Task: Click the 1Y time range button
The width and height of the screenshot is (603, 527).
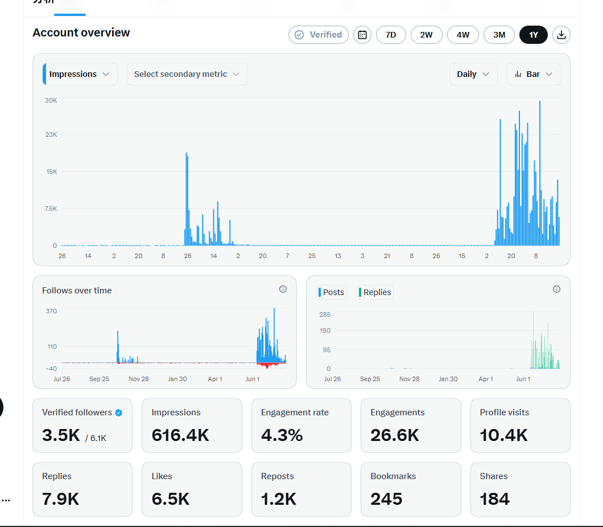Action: tap(533, 35)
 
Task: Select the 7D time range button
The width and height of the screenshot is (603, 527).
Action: tap(391, 35)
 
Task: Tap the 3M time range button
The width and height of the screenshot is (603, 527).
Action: tap(499, 35)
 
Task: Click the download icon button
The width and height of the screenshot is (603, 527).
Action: tap(561, 35)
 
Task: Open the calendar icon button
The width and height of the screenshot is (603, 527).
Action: tap(362, 35)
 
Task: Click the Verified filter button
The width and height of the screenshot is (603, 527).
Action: tap(319, 35)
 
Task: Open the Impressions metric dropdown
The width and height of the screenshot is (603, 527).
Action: tap(80, 74)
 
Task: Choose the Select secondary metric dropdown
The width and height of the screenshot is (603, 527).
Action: tap(187, 74)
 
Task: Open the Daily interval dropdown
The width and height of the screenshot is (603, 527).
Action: tap(473, 74)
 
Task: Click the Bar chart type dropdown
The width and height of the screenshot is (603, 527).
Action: tap(534, 74)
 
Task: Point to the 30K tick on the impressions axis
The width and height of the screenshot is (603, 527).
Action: tap(51, 100)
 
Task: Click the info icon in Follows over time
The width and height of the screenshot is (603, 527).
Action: tap(283, 289)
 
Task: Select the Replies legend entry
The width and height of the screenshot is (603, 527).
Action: tap(374, 292)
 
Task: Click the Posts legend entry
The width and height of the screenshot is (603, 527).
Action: tap(331, 292)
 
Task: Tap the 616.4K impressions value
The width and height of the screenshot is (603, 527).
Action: tap(180, 435)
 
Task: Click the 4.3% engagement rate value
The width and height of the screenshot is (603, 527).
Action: tap(282, 435)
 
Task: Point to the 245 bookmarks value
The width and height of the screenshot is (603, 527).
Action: tap(386, 499)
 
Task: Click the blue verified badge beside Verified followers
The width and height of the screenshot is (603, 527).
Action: tap(119, 412)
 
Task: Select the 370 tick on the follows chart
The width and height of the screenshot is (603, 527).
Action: tap(51, 311)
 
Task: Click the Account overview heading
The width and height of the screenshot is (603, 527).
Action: tap(81, 32)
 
